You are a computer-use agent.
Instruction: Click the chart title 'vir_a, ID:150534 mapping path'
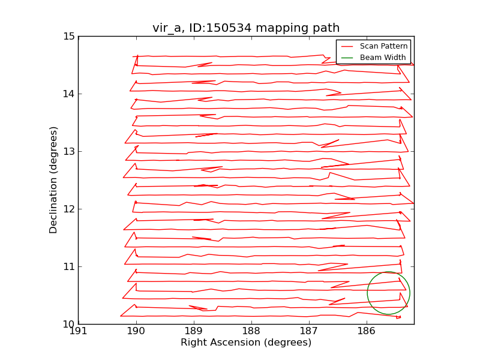click(x=246, y=28)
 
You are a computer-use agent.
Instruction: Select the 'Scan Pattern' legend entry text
click(x=383, y=46)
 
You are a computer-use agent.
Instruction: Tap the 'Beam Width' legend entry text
click(x=383, y=58)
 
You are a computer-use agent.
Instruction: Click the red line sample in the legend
click(x=348, y=46)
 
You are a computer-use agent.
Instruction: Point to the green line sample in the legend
click(x=348, y=58)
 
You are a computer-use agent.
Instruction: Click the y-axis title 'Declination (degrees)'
click(x=54, y=180)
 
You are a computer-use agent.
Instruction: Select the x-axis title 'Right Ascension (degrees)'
click(x=246, y=343)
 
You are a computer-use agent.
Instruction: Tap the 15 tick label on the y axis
click(x=69, y=36)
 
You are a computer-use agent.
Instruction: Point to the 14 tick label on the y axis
click(x=69, y=94)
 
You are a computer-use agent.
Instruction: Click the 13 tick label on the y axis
click(x=69, y=151)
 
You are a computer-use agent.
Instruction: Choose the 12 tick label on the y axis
click(x=69, y=209)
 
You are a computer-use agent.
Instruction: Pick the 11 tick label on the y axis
click(x=69, y=266)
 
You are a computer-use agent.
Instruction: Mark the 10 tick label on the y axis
click(x=69, y=324)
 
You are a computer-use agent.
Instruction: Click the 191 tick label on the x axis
click(x=79, y=332)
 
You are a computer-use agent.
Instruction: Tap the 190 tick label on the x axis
click(x=136, y=332)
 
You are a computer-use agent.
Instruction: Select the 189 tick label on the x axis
click(x=194, y=332)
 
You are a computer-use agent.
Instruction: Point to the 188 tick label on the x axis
click(x=251, y=332)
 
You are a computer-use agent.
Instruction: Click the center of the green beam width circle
click(x=388, y=293)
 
